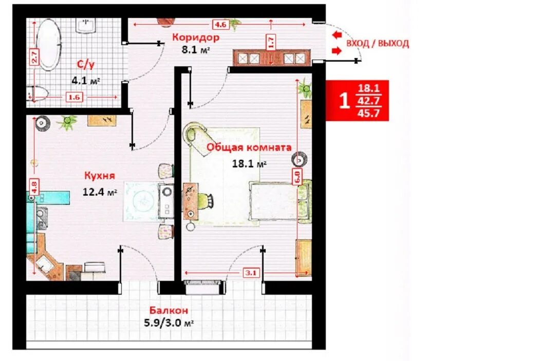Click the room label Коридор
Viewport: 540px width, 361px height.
point(196,37)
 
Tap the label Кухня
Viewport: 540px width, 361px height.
point(100,176)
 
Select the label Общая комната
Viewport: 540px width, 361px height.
point(249,147)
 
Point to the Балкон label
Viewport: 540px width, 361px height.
point(169,310)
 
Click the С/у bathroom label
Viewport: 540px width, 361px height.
point(85,64)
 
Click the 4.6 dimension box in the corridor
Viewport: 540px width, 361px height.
point(220,25)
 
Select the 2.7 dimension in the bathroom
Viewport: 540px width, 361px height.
point(34,56)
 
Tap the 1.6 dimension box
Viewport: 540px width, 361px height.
point(74,98)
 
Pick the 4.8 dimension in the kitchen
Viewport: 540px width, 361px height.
point(34,187)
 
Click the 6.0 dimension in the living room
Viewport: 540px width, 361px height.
point(297,177)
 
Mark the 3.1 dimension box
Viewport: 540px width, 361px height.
point(251,273)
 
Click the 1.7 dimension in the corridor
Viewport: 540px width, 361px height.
point(271,42)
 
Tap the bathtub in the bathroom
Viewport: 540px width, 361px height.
point(49,45)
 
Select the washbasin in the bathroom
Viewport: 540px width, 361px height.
point(85,26)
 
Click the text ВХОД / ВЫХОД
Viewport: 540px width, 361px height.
point(378,43)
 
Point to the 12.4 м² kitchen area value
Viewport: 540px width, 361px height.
point(100,192)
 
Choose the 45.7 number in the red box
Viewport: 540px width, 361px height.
point(368,113)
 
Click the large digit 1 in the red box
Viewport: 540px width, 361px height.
point(344,101)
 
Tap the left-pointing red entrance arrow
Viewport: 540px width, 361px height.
point(337,35)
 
